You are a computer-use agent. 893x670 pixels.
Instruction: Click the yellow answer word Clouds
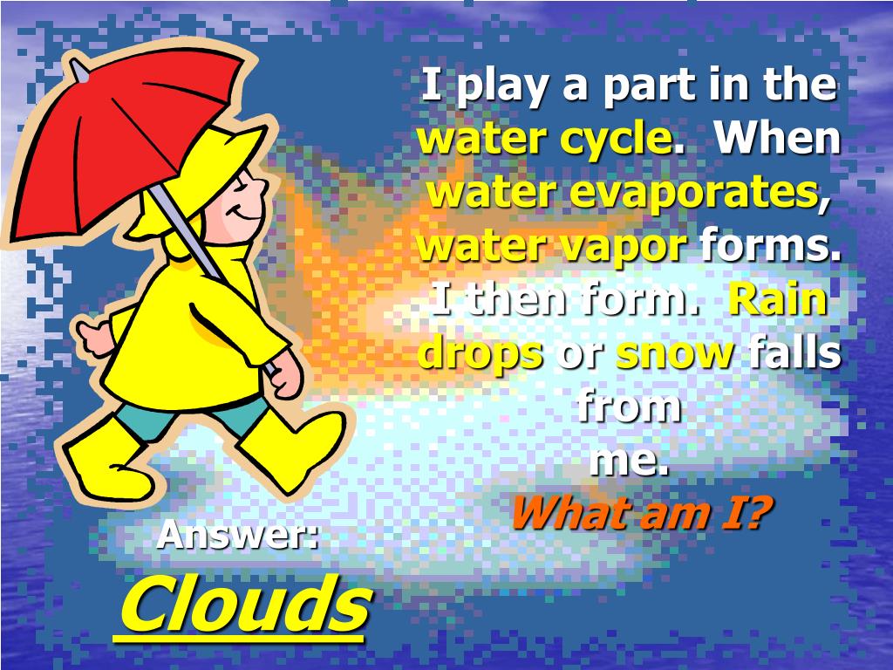243,605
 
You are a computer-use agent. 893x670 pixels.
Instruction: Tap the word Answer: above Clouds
237,534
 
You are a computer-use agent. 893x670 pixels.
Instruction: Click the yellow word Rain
778,299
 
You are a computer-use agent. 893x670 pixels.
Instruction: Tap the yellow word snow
675,352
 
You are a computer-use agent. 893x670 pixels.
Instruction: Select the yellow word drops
481,352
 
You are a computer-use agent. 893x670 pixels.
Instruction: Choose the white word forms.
771,246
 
